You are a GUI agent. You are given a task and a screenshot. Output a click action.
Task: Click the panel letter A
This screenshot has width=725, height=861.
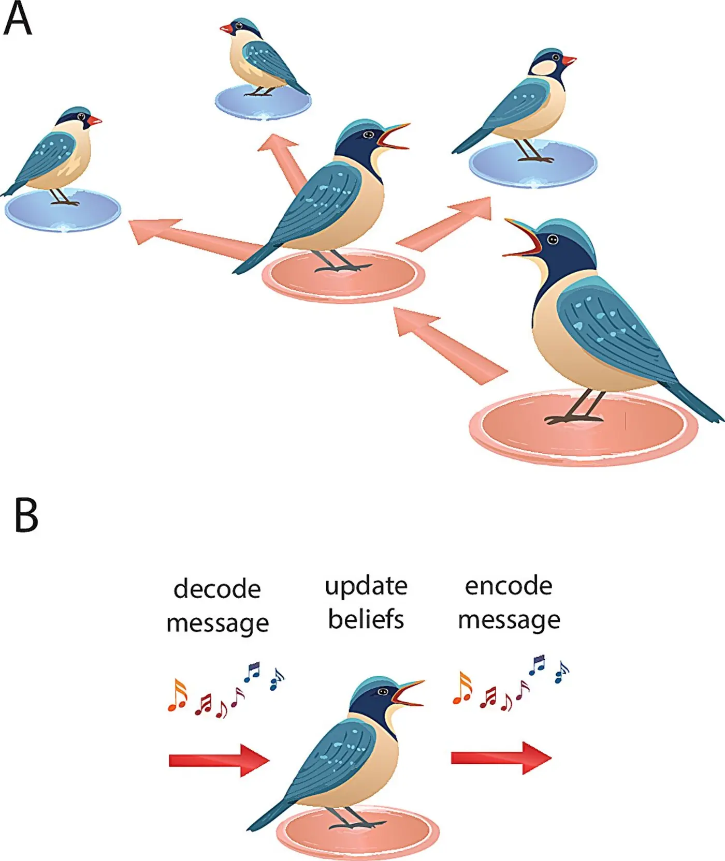coord(18,19)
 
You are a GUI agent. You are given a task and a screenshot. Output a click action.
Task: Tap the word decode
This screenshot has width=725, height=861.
coord(217,589)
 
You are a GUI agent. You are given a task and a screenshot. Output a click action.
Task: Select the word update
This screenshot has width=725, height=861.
coord(366,587)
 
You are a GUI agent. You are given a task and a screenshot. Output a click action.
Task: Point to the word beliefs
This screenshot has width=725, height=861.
coord(366,619)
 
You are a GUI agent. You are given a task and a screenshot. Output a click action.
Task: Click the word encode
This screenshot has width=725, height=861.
coord(509,586)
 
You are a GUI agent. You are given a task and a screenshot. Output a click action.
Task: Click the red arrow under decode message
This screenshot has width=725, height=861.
coord(219,760)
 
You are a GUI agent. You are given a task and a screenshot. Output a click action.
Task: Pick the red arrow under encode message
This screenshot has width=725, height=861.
coord(501,758)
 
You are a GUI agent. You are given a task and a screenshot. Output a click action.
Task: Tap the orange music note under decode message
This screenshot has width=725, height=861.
coord(178,695)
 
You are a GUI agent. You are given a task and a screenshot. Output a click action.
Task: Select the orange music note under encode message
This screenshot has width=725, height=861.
coord(462,689)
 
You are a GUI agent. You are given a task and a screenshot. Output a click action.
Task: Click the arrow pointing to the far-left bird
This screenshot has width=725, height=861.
coord(192,236)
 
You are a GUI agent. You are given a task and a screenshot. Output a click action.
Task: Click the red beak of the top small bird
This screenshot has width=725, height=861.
coord(226,28)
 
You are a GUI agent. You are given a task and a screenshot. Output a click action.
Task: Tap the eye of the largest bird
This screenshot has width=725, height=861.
coord(553,240)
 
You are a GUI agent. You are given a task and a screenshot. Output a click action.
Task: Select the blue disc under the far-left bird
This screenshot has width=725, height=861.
coord(62,211)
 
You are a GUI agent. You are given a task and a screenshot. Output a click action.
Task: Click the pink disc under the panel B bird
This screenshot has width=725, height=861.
coord(357,833)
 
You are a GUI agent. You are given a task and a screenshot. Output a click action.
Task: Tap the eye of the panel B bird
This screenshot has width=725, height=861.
coord(383,692)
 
